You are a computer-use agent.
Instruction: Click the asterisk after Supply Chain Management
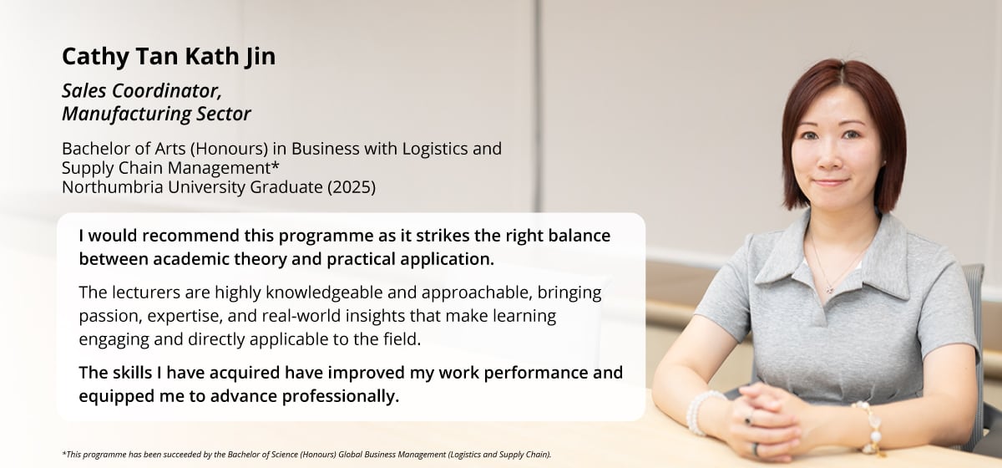(276, 165)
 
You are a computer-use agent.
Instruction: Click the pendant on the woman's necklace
(830, 290)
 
